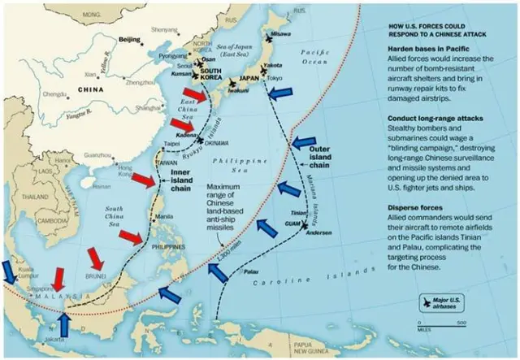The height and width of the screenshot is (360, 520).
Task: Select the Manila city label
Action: [x=164, y=216]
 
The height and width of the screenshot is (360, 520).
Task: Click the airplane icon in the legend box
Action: [x=427, y=302]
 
